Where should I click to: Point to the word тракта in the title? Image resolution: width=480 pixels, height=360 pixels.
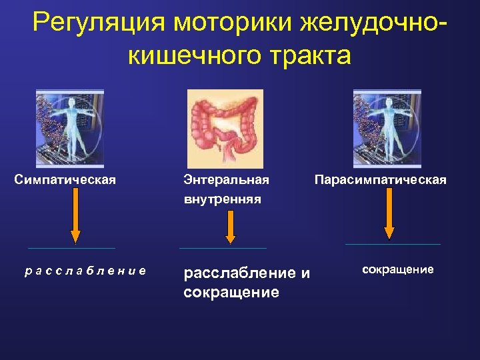click(311, 55)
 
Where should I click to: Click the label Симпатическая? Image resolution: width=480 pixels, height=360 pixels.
click(65, 179)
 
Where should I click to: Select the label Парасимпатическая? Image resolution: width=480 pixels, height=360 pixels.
click(380, 180)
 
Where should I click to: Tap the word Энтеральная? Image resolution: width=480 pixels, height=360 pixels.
click(226, 180)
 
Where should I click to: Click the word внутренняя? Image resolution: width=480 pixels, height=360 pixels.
click(222, 199)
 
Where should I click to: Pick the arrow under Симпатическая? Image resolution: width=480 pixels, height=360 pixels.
click(75, 214)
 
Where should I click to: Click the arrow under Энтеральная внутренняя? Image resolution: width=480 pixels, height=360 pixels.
click(230, 227)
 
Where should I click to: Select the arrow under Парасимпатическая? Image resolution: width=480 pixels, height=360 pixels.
click(390, 213)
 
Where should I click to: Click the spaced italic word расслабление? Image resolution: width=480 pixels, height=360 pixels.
click(85, 270)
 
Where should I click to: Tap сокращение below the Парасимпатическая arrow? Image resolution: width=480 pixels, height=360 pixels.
click(398, 269)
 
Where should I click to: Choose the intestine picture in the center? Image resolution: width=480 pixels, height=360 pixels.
click(225, 129)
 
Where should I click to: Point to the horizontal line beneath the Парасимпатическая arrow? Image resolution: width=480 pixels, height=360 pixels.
click(393, 244)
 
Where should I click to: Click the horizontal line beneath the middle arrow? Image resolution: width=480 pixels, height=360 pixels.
click(223, 248)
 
